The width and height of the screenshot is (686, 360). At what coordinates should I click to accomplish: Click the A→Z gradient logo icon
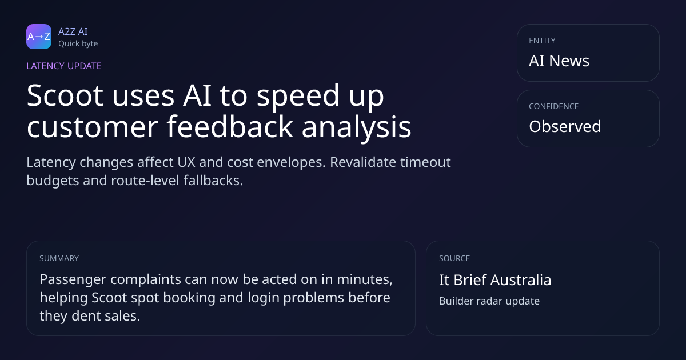pyautogui.click(x=39, y=37)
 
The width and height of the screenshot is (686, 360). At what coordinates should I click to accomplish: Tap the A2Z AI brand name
pyautogui.click(x=73, y=31)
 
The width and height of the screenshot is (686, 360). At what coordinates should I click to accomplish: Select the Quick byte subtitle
pyautogui.click(x=78, y=44)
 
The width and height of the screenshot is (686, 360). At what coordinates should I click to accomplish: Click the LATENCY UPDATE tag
pyautogui.click(x=63, y=66)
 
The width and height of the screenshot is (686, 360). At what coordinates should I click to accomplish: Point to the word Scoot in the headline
pyautogui.click(x=65, y=96)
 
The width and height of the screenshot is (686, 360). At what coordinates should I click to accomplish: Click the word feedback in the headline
pyautogui.click(x=230, y=126)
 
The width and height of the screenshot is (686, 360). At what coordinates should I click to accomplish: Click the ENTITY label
pyautogui.click(x=542, y=41)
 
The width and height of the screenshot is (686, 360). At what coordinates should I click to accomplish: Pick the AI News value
pyautogui.click(x=559, y=61)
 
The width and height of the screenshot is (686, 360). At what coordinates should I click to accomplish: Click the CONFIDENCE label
pyautogui.click(x=554, y=106)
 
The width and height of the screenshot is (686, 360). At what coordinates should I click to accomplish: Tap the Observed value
pyautogui.click(x=565, y=126)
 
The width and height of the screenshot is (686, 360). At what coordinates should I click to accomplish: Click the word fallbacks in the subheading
pyautogui.click(x=213, y=181)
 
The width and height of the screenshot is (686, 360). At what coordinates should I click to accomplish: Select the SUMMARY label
pyautogui.click(x=59, y=258)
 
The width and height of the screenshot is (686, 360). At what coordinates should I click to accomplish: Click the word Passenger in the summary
pyautogui.click(x=73, y=279)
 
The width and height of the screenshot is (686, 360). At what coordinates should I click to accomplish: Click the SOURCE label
pyautogui.click(x=454, y=258)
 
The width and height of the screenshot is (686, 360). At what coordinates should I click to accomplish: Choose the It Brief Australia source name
pyautogui.click(x=495, y=280)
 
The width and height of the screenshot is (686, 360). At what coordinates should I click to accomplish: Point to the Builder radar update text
pyautogui.click(x=489, y=301)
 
